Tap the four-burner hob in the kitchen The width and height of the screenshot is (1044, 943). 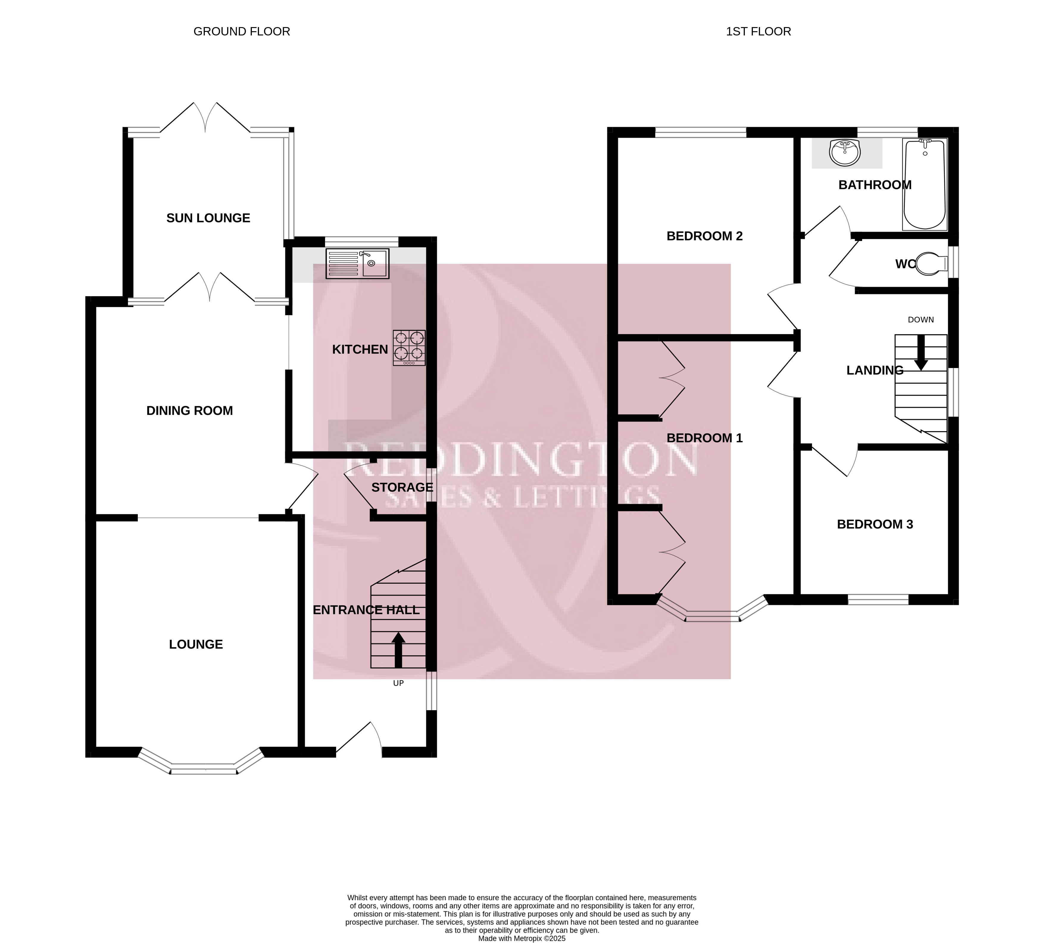[409, 348]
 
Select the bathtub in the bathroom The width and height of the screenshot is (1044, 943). [925, 184]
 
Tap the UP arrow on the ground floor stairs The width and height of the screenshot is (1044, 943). [398, 650]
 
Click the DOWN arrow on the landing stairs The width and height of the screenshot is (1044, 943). [921, 353]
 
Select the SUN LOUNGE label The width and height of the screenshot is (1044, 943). [208, 218]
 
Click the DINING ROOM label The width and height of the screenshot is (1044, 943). [190, 411]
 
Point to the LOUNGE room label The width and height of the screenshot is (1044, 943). [196, 644]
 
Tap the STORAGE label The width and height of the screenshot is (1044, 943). [402, 487]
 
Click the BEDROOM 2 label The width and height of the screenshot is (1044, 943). [704, 236]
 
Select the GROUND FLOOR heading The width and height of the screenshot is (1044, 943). [242, 32]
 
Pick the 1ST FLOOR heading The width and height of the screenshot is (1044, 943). [758, 32]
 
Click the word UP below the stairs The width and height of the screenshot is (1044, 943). [398, 683]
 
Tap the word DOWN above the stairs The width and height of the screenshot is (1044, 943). [921, 319]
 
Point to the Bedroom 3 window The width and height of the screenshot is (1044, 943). [878, 599]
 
